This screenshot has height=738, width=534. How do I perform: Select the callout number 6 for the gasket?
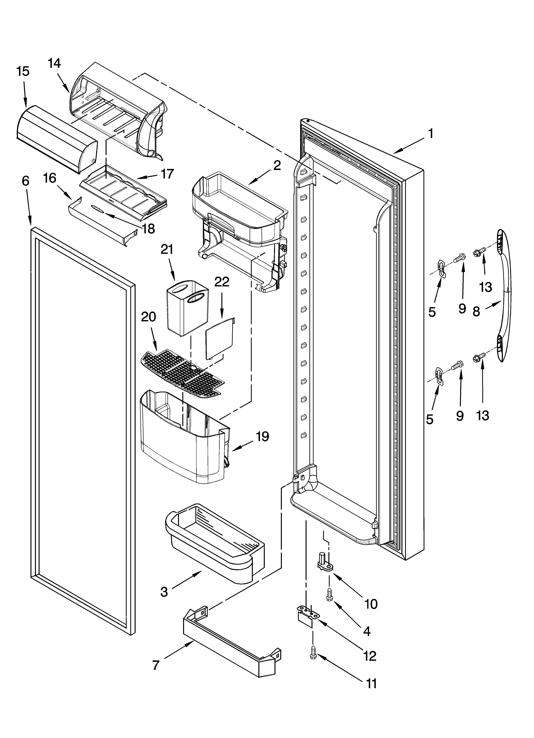[26, 181]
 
